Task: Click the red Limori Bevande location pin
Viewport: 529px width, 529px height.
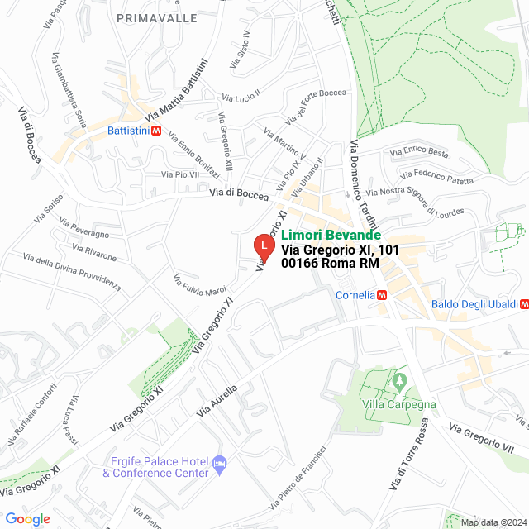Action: pyautogui.click(x=263, y=246)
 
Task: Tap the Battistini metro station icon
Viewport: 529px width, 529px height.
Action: pyautogui.click(x=157, y=131)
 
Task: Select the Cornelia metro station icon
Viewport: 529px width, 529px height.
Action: pyautogui.click(x=382, y=294)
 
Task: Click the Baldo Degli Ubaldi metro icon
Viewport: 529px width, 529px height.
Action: pyautogui.click(x=524, y=304)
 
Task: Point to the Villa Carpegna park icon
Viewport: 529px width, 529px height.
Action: pyautogui.click(x=400, y=381)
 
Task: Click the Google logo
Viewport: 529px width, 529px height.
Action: pyautogui.click(x=27, y=519)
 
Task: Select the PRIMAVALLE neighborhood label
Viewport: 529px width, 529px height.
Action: pyautogui.click(x=157, y=17)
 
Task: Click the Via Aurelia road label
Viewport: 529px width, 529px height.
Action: pyautogui.click(x=217, y=400)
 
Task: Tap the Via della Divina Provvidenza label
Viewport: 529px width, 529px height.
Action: pyautogui.click(x=72, y=272)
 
